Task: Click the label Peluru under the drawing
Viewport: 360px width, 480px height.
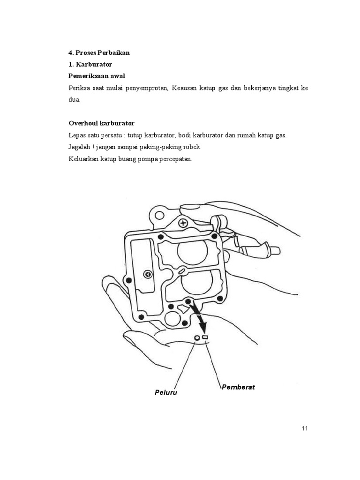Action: coord(166,392)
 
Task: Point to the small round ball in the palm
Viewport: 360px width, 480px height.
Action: coord(197,338)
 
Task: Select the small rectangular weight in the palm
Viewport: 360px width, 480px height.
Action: coord(205,337)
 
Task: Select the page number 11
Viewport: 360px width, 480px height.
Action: coord(305,428)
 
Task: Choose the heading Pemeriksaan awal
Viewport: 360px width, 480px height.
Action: coord(97,75)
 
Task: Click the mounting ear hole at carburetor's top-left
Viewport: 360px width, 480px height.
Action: coord(160,215)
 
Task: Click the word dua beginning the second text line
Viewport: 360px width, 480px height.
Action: coord(74,99)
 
